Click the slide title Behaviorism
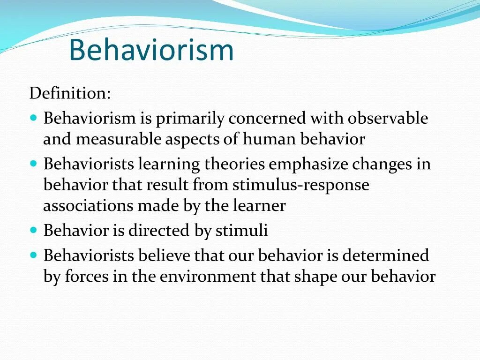(x=151, y=51)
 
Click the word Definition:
(x=70, y=93)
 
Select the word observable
(x=388, y=118)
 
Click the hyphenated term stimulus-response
(x=300, y=185)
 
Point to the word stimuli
(x=241, y=231)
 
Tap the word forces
(x=86, y=277)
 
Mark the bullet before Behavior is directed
(x=33, y=230)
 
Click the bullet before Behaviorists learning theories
(x=33, y=164)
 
